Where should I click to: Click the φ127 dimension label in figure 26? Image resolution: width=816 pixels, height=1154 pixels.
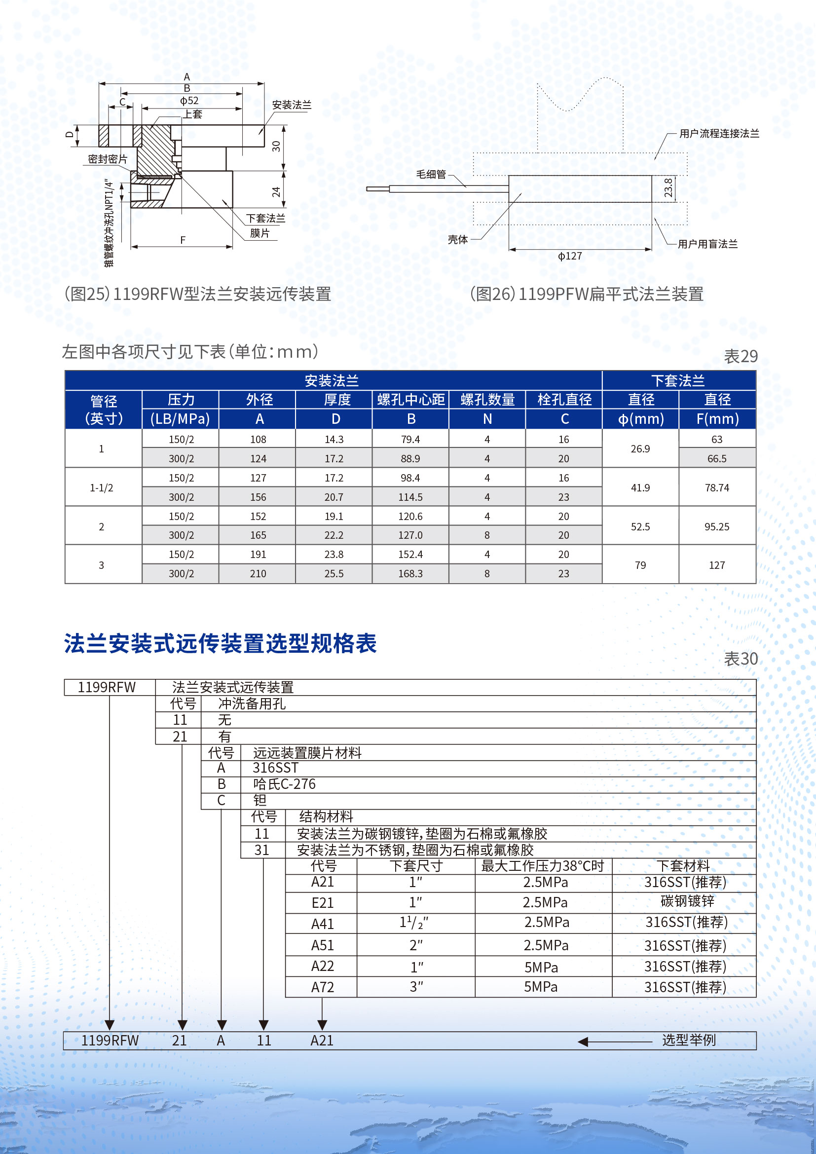click(570, 257)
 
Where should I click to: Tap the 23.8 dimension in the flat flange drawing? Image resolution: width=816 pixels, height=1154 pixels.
click(668, 188)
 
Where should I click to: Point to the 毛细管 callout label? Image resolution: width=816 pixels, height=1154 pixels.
click(431, 174)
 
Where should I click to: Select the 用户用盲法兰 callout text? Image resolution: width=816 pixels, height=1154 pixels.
click(707, 244)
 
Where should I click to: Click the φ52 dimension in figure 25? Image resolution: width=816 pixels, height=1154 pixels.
click(189, 101)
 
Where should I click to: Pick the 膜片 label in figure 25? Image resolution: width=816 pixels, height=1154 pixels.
click(260, 233)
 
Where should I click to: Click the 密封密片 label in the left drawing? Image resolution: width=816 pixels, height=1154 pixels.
click(108, 159)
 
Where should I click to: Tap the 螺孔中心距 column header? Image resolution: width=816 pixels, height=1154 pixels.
click(411, 400)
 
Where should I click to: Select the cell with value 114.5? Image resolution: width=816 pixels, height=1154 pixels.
click(410, 497)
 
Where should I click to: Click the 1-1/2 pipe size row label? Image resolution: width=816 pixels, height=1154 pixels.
click(102, 487)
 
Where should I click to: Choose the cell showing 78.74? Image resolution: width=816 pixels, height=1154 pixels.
click(716, 487)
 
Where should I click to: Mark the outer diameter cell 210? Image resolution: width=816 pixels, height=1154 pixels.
click(258, 573)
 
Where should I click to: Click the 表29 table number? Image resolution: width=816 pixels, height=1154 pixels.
click(740, 356)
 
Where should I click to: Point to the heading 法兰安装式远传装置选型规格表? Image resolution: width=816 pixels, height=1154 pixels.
click(220, 644)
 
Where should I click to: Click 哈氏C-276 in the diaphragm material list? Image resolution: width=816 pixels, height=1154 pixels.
click(284, 784)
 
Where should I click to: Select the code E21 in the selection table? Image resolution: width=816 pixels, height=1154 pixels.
click(322, 903)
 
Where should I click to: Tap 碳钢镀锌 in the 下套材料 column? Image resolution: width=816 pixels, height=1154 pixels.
click(687, 901)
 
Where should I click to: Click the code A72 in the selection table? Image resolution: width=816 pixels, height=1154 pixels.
click(322, 987)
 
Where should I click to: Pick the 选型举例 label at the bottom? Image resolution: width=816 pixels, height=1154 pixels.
click(688, 1040)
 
